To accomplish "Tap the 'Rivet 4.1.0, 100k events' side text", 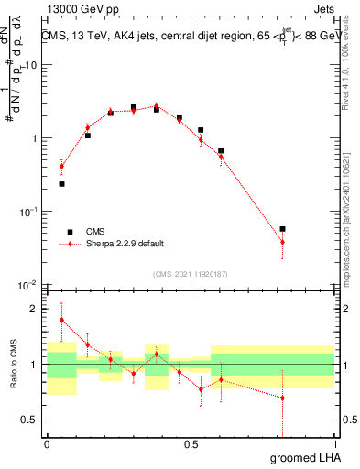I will pos(352,64).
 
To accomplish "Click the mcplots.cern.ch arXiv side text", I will pos(352,211).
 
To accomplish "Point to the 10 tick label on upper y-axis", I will pos(30,65).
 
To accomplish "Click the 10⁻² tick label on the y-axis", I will pos(27,285).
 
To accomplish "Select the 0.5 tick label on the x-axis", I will pos(191,442).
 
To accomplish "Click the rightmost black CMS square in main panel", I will pos(282,229).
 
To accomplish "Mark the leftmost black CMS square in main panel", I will pos(61,184).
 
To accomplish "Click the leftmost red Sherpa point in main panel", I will pos(61,167).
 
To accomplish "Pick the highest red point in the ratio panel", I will pos(61,320).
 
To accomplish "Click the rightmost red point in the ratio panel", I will pos(282,398).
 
